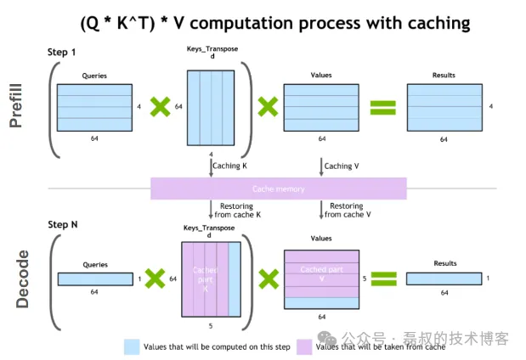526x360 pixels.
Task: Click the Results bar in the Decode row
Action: pos(443,278)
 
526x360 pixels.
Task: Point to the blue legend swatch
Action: pos(132,346)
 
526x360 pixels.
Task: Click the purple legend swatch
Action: pos(303,346)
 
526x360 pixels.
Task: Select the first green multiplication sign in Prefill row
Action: pos(159,107)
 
